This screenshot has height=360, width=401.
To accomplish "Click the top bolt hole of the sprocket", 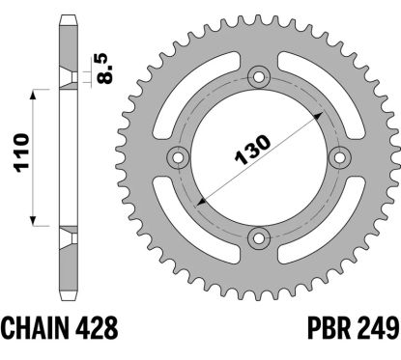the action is (x=258, y=77).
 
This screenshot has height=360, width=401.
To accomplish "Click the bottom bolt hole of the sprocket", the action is (x=258, y=237).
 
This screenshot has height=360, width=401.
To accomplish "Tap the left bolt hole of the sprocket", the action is (x=178, y=157).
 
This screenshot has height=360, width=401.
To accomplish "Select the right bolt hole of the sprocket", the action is (x=339, y=157).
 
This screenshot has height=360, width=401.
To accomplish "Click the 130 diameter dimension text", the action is (x=253, y=150).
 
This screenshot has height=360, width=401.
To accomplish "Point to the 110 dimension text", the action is (x=22, y=153).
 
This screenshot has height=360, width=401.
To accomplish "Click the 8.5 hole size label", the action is (x=105, y=69).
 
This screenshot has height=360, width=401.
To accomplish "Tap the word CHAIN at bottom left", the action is (x=35, y=327).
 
